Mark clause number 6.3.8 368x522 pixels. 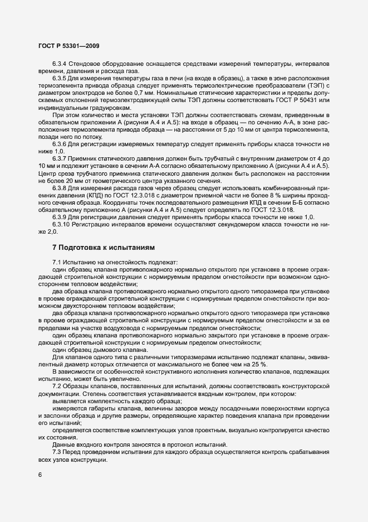tap(60, 187)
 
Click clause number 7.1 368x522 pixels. tap(57, 262)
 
